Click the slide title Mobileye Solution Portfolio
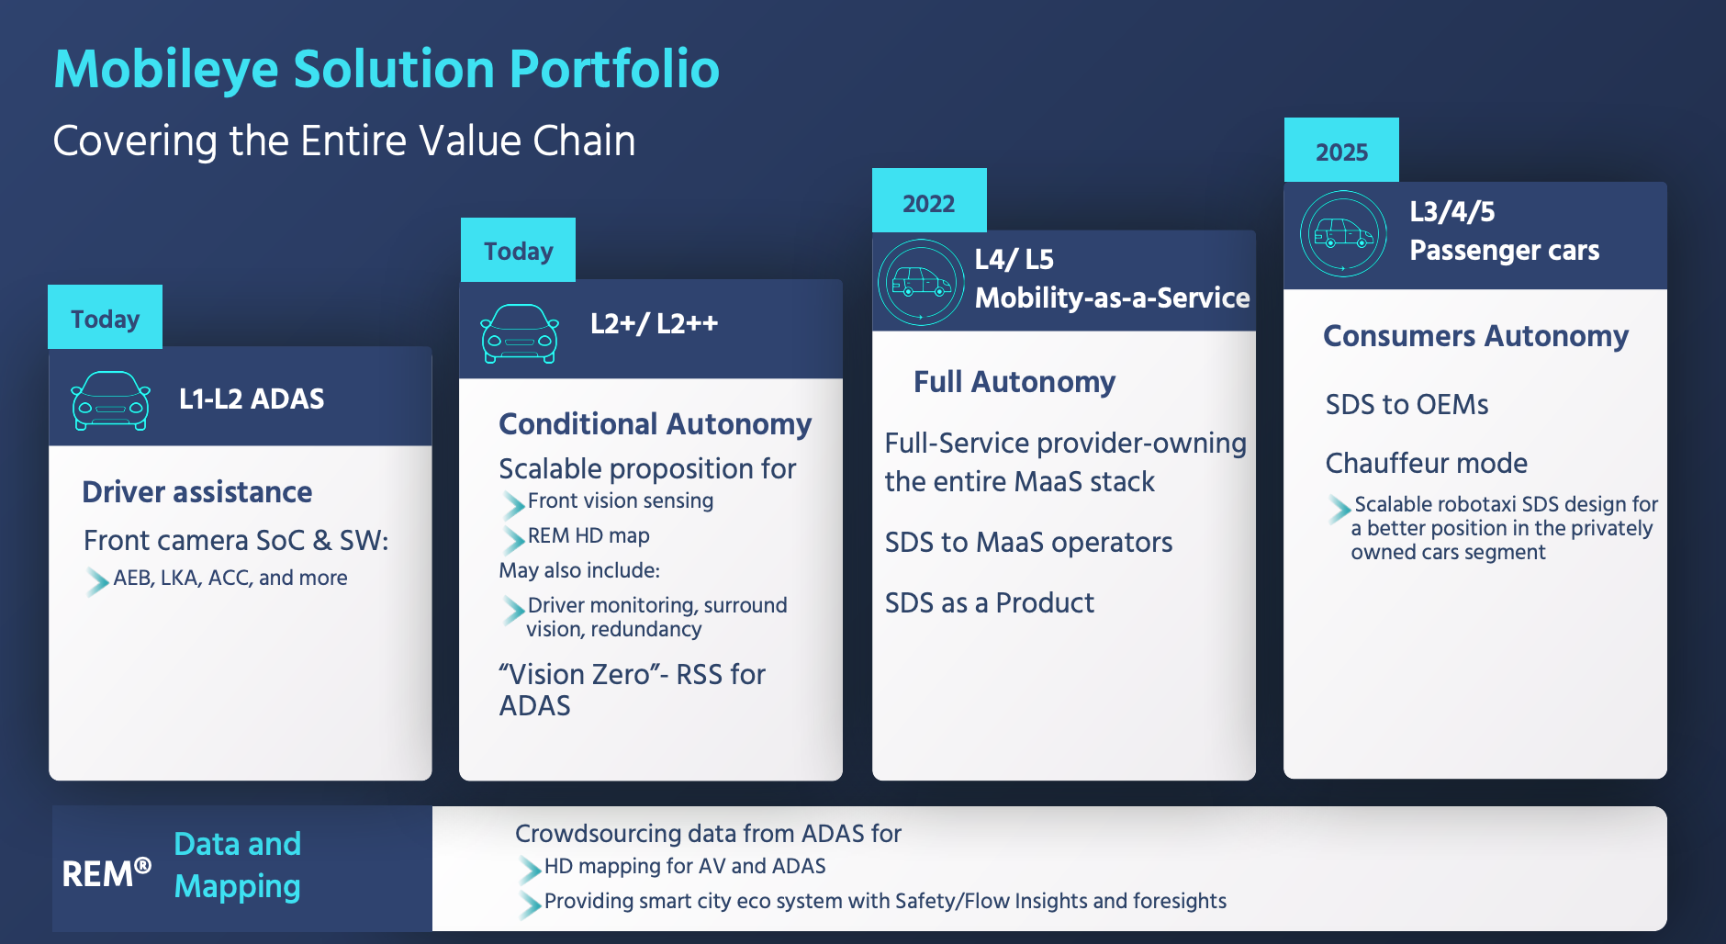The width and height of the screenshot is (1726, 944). [x=387, y=71]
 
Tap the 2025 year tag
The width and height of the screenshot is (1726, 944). [x=1341, y=151]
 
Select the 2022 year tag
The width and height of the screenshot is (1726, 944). [x=929, y=201]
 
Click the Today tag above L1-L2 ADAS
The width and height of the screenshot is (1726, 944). [x=105, y=318]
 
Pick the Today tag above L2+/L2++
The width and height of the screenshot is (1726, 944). [x=518, y=250]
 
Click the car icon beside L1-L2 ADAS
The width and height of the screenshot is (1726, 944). [x=111, y=400]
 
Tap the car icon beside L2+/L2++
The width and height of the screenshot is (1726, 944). [x=520, y=333]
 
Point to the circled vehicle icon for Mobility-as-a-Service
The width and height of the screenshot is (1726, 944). [x=921, y=282]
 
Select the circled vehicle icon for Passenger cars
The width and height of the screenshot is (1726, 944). [x=1343, y=233]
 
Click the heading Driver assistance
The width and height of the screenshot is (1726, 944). [x=197, y=492]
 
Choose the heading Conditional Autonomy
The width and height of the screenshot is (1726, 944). [x=656, y=424]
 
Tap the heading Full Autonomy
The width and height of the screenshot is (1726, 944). [x=1014, y=382]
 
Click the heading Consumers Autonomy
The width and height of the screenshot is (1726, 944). [x=1476, y=336]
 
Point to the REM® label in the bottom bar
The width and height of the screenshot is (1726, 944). [x=106, y=872]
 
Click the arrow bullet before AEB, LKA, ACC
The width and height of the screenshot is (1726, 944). [x=97, y=581]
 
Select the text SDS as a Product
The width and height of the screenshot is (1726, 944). [x=990, y=603]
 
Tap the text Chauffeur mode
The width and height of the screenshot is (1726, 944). [x=1427, y=464]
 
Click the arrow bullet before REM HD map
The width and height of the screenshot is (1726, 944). [x=513, y=539]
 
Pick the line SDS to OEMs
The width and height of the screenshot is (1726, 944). [x=1407, y=405]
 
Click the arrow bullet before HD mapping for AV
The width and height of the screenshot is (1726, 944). [x=530, y=869]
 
